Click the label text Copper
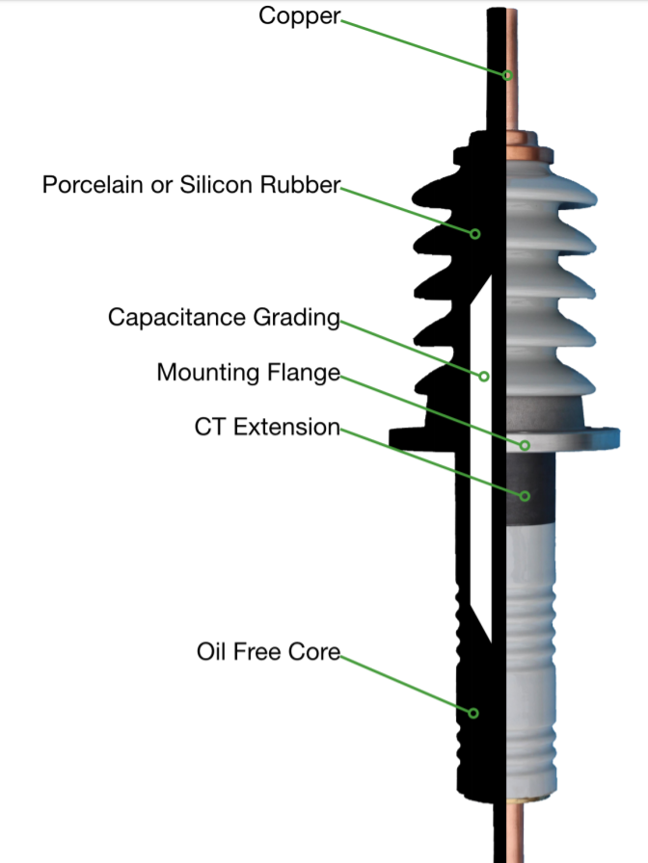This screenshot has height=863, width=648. (x=300, y=16)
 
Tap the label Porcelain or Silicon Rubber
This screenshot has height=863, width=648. (x=191, y=185)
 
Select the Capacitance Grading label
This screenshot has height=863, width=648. (x=224, y=317)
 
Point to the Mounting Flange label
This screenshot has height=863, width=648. (x=249, y=372)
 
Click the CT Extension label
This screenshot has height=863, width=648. (x=267, y=427)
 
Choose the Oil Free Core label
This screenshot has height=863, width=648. (x=268, y=651)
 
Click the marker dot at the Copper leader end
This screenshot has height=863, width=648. (x=505, y=75)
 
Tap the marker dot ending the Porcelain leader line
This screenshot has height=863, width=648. (x=475, y=232)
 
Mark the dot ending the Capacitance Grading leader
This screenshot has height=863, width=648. (x=485, y=376)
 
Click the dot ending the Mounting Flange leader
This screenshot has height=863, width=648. (x=526, y=444)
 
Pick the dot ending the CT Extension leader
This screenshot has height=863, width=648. (x=526, y=496)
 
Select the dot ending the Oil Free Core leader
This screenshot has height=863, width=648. (x=473, y=713)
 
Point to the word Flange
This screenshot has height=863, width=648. (x=309, y=372)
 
